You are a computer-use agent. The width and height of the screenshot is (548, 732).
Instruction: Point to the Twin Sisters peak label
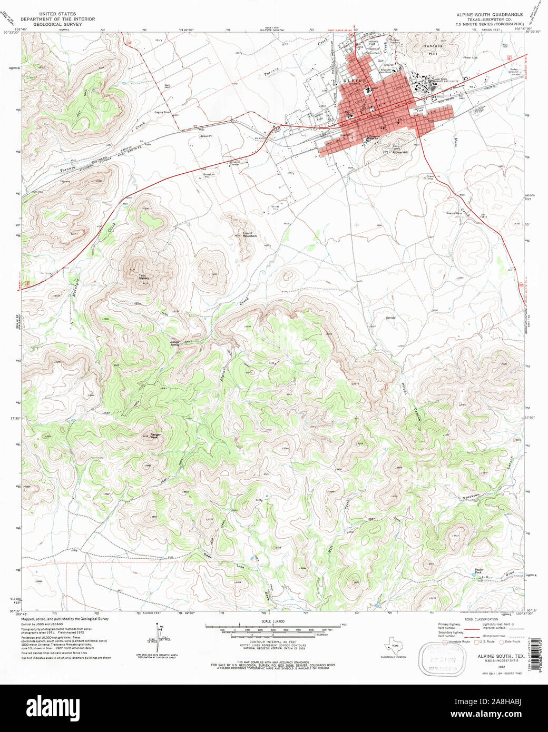pyautogui.click(x=143, y=276)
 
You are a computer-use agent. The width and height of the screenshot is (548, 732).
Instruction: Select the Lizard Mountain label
pyautogui.click(x=249, y=234)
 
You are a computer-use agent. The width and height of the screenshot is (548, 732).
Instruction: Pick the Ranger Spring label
pyautogui.click(x=174, y=342)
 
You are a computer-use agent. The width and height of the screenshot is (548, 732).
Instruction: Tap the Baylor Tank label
pyautogui.click(x=478, y=571)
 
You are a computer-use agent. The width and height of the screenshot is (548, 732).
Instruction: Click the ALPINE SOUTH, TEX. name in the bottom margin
pyautogui.click(x=501, y=657)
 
